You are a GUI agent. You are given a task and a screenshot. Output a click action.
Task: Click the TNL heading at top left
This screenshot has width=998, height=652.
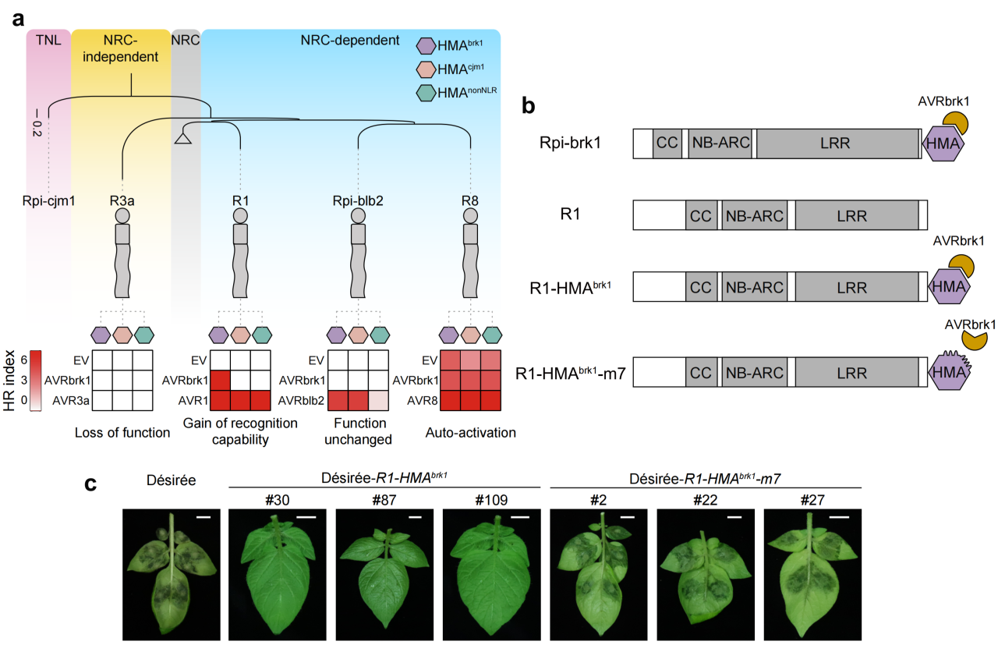48,38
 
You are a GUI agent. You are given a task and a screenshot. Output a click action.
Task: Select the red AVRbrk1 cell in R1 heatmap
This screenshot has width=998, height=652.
220,381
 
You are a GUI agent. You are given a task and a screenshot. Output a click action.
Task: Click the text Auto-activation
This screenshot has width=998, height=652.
470,432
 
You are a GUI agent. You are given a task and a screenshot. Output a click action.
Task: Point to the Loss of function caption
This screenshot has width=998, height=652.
122,432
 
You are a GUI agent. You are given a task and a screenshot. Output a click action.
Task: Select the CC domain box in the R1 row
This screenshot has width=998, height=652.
701,216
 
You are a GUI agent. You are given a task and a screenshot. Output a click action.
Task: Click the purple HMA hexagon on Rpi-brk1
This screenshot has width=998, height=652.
943,144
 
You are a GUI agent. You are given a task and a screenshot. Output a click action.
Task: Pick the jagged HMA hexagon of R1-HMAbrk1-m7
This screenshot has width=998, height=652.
949,374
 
